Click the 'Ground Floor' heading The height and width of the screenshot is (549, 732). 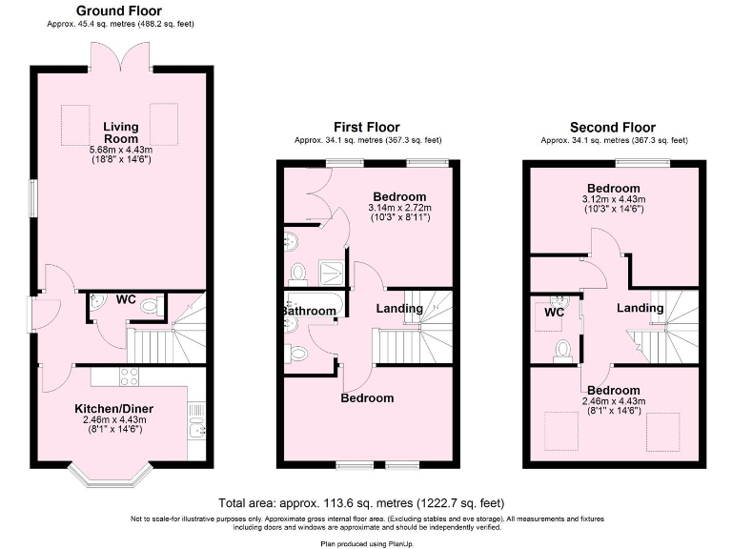pyautogui.click(x=118, y=10)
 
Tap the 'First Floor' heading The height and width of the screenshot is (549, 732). pyautogui.click(x=366, y=127)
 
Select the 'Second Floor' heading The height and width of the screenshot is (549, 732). pyautogui.click(x=612, y=127)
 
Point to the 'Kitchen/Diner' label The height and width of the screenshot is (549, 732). pyautogui.click(x=114, y=410)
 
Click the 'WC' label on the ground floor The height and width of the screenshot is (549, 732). pyautogui.click(x=126, y=299)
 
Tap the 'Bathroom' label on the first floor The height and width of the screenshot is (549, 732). pyautogui.click(x=307, y=312)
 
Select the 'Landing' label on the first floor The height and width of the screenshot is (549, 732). pyautogui.click(x=399, y=309)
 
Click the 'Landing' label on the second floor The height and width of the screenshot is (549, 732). pyautogui.click(x=640, y=308)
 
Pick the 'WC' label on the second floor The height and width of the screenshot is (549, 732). pyautogui.click(x=555, y=312)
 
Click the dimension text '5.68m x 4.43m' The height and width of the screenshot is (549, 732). pyautogui.click(x=121, y=150)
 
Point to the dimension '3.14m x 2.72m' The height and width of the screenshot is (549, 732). pyautogui.click(x=400, y=208)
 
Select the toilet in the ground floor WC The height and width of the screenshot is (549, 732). pyautogui.click(x=149, y=307)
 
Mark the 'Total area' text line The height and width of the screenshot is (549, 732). pyautogui.click(x=361, y=502)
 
